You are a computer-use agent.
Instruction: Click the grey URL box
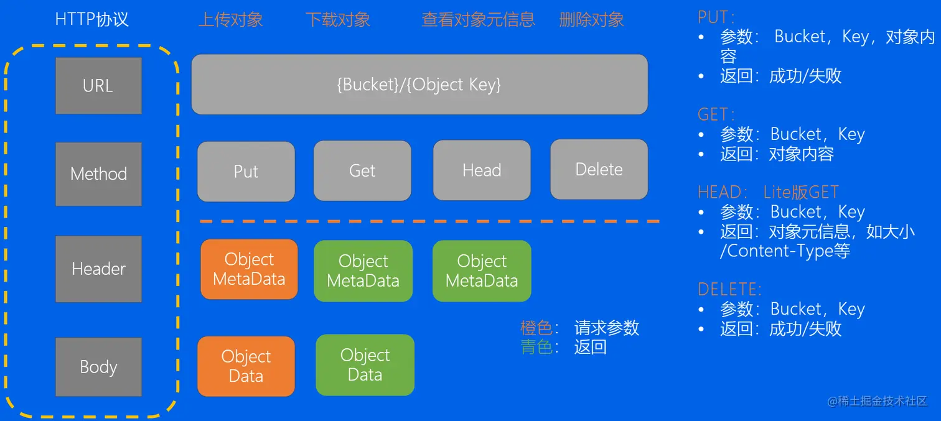coord(98,86)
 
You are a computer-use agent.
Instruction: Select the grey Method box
coord(98,174)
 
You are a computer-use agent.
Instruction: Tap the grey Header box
coord(98,269)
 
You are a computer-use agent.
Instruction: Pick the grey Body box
coord(98,367)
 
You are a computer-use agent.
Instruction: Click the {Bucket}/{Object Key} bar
coord(419,85)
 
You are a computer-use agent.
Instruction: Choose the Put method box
coord(246,172)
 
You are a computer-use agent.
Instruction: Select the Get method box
coord(362,170)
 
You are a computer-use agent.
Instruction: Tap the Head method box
coord(482,170)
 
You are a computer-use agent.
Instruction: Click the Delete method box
coord(599,169)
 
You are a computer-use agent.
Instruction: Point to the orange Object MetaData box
coord(249,269)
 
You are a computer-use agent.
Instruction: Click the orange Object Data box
coord(246,366)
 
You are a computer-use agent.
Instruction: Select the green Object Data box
coord(365,365)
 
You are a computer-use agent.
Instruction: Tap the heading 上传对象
coord(230,20)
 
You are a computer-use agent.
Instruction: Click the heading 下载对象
coord(338,20)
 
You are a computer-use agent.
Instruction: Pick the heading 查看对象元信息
coord(478,20)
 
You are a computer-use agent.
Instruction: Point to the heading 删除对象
coord(591,20)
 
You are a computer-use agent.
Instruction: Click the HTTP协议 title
coord(92,19)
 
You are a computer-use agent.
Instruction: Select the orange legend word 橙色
coord(536,328)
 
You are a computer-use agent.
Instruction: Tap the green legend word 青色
coord(536,347)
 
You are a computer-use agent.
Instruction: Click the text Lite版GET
coord(801,192)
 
